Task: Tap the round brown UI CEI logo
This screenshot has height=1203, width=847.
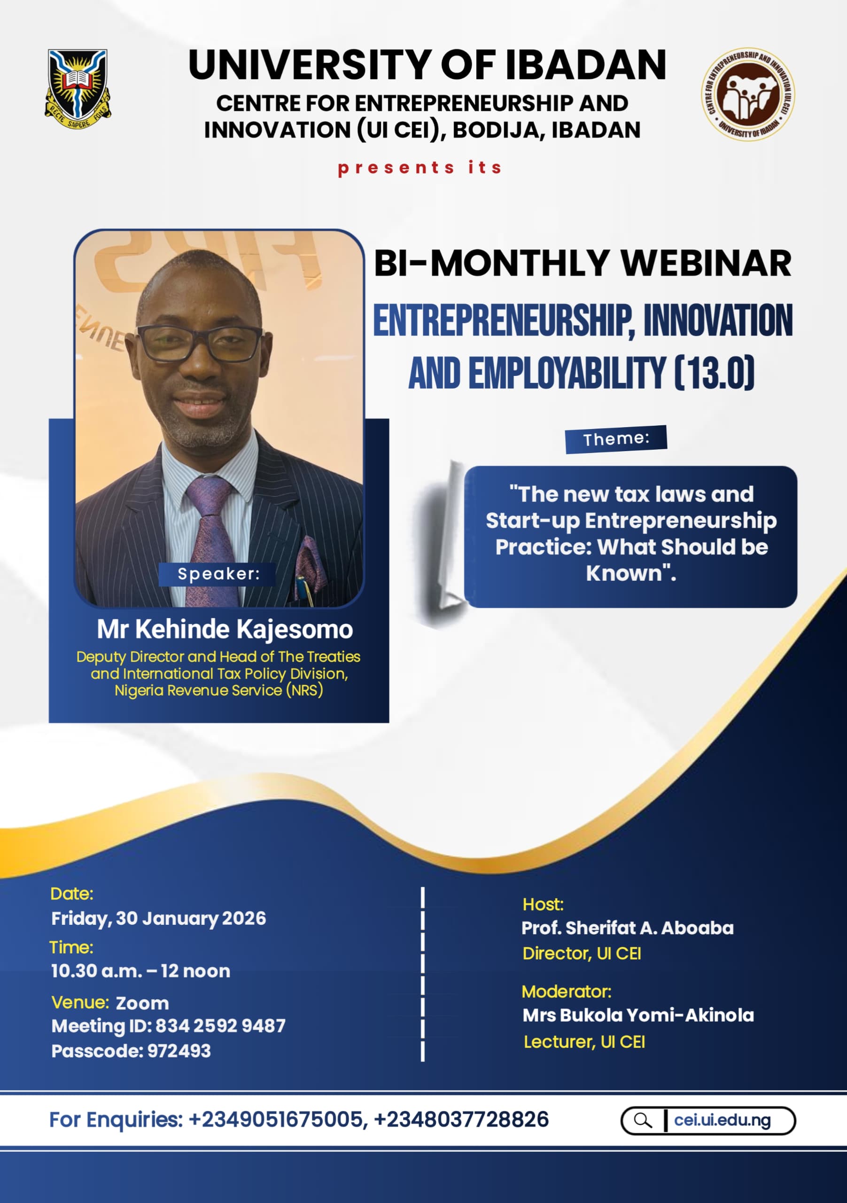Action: click(x=747, y=94)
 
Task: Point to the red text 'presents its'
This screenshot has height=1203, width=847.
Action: click(x=420, y=168)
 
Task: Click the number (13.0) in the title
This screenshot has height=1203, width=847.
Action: click(x=715, y=373)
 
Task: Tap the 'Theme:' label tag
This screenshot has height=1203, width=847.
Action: click(x=616, y=439)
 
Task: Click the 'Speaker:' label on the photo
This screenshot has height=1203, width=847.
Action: click(x=218, y=574)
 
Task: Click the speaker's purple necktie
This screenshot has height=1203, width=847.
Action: click(x=210, y=539)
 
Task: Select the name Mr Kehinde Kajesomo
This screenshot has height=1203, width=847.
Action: click(x=225, y=629)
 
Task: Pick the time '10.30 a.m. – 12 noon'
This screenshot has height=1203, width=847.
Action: click(x=140, y=971)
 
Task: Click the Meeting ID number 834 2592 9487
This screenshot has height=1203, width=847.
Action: click(x=220, y=1026)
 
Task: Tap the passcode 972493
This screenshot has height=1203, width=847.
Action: click(x=179, y=1051)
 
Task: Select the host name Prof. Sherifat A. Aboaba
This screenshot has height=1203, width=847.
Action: click(x=628, y=928)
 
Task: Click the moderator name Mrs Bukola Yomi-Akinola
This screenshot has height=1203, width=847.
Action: click(x=638, y=1016)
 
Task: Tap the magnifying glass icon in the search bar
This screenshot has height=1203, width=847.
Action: click(x=643, y=1121)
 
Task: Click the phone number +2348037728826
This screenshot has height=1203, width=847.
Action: click(x=461, y=1120)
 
